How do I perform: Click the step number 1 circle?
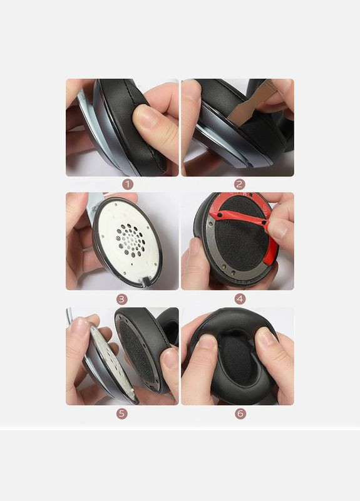click(x=128, y=184)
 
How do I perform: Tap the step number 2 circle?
click(x=240, y=184)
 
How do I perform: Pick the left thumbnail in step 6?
click(x=207, y=342)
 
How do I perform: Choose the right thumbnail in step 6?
click(x=267, y=338)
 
